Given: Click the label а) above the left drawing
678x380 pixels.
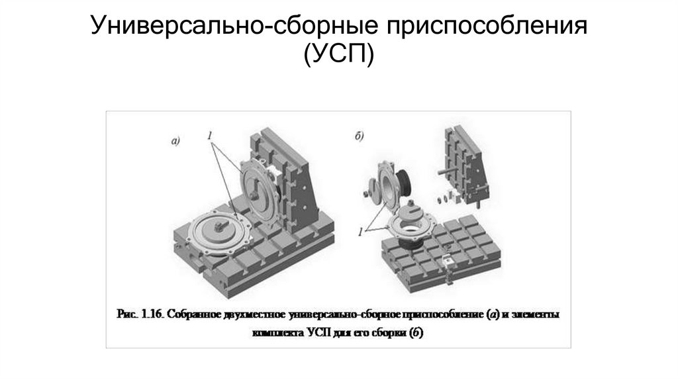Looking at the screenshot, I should [175, 140].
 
